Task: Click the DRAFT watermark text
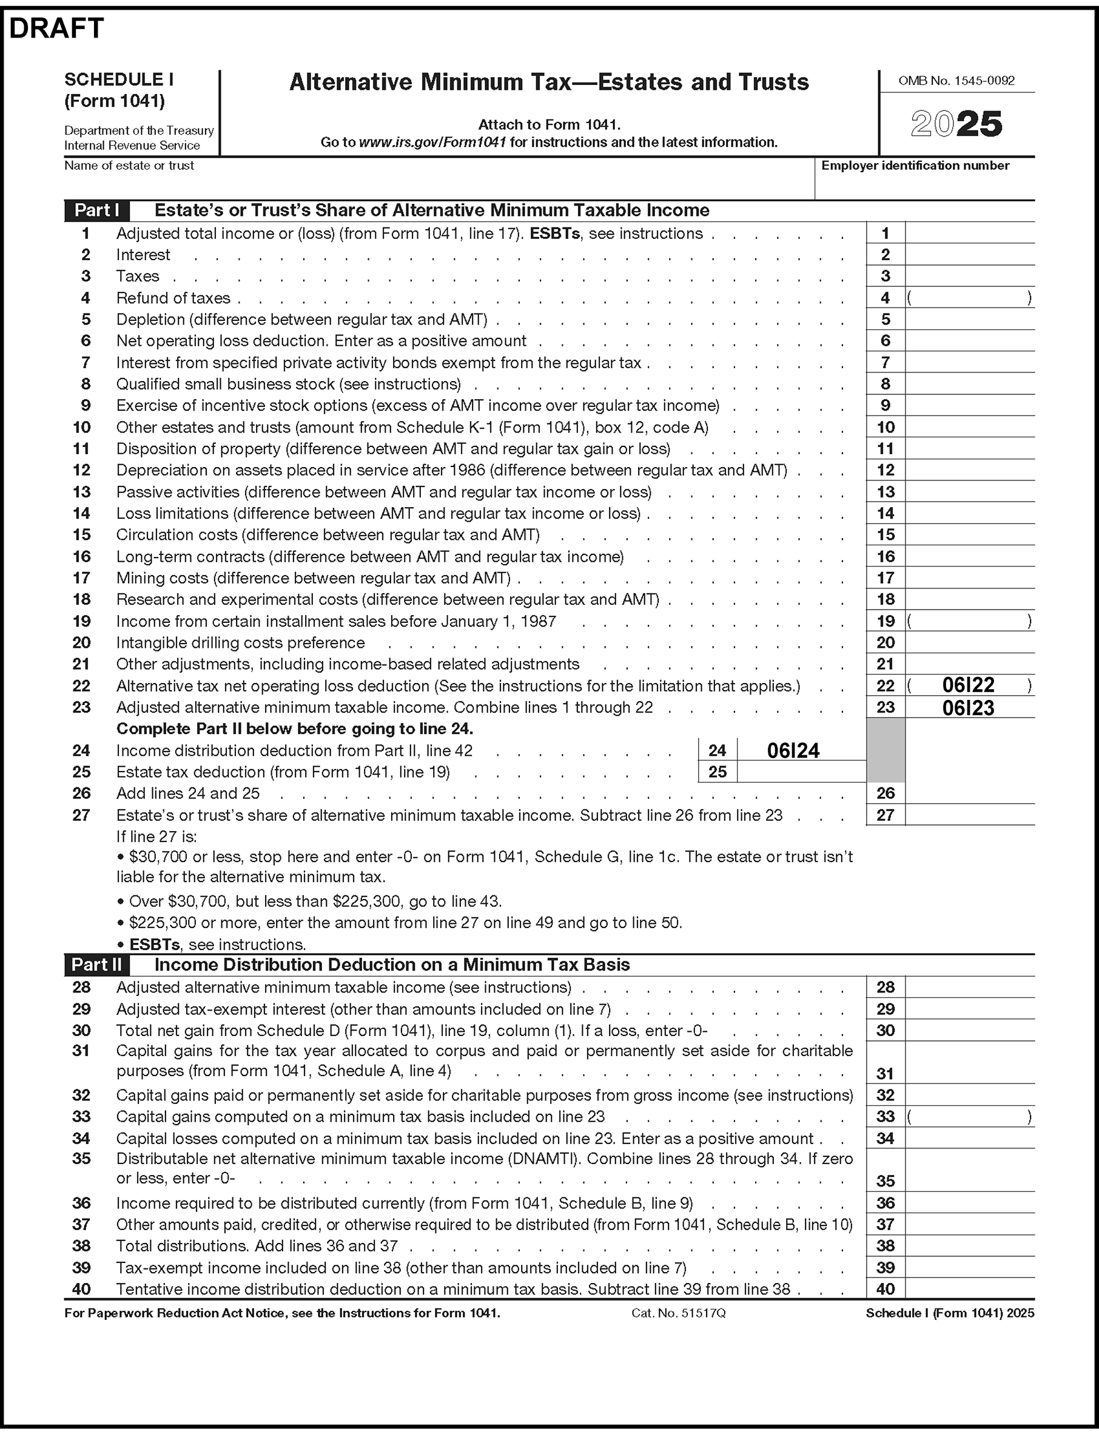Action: pos(56,28)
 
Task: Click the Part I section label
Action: pos(96,210)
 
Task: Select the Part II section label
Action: pos(96,964)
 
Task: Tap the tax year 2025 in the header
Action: pos(956,124)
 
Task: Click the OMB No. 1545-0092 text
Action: pos(956,81)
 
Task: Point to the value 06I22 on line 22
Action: pos(967,685)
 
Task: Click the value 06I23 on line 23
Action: pos(967,707)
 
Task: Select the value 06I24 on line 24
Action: pos(793,750)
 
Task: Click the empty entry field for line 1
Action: pos(969,233)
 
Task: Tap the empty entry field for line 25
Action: pos(801,772)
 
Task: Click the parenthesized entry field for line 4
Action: pos(969,298)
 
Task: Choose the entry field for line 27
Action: pos(969,815)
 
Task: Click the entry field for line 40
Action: pos(969,1289)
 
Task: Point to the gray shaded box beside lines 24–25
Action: pos(885,750)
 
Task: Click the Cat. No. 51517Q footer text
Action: pos(678,1313)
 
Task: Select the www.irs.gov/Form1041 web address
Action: pos(432,142)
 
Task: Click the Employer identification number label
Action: pos(915,166)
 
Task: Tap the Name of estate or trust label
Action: pos(129,166)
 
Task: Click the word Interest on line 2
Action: pos(143,255)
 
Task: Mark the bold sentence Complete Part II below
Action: pos(294,729)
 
